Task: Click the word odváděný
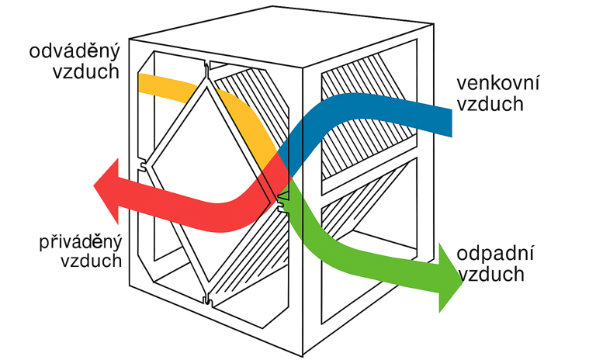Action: click(76, 52)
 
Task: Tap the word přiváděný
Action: click(80, 241)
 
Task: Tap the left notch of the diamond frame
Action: click(144, 166)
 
